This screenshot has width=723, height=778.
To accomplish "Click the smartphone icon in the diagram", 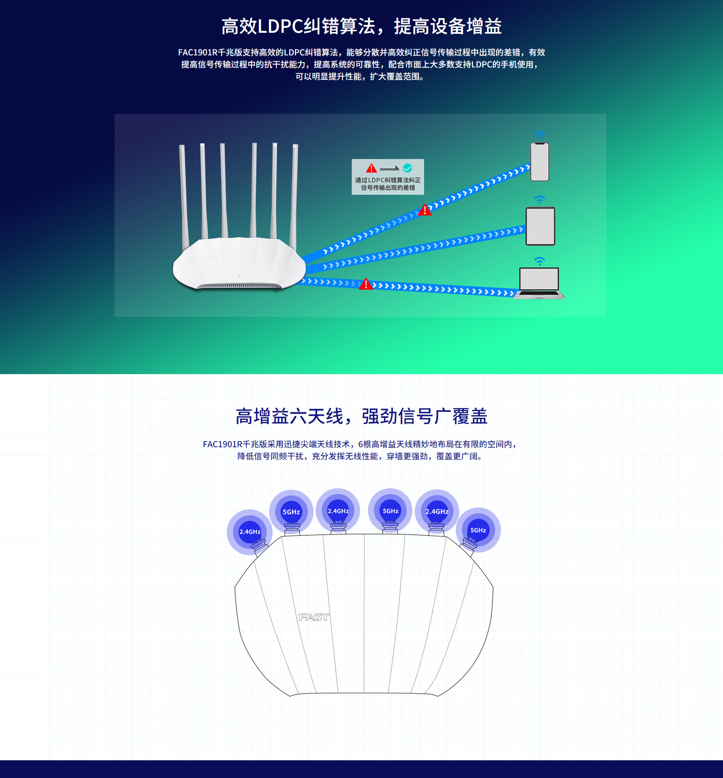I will tap(540, 162).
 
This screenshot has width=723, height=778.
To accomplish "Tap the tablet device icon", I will tap(540, 226).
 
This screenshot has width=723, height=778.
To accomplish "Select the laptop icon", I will tap(539, 283).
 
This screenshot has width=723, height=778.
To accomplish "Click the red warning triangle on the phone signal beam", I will tap(424, 210).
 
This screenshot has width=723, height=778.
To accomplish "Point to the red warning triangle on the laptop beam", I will tap(366, 284).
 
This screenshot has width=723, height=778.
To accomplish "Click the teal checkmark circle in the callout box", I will tap(407, 168).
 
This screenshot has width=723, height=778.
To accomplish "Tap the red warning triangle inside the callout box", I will tap(371, 168).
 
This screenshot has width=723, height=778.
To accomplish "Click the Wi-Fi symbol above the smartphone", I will tap(539, 135).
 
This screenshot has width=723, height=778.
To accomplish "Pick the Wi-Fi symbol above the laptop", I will tap(539, 261).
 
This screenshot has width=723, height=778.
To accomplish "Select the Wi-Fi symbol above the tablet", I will tap(539, 199).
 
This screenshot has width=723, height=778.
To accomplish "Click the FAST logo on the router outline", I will tap(314, 617).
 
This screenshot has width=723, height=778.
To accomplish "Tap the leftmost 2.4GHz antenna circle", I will tap(250, 532).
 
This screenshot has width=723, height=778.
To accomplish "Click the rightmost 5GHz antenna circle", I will tap(478, 530).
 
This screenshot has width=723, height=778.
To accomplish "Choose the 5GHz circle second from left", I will tap(291, 512).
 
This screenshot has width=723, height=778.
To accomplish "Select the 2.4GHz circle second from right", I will tap(437, 511).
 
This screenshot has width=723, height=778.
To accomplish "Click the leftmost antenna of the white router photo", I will tap(183, 194).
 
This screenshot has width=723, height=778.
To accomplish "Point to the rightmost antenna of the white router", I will tap(294, 194).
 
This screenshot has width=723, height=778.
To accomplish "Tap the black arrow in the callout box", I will tap(389, 169).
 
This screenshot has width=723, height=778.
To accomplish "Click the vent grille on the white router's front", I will tap(239, 286).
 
